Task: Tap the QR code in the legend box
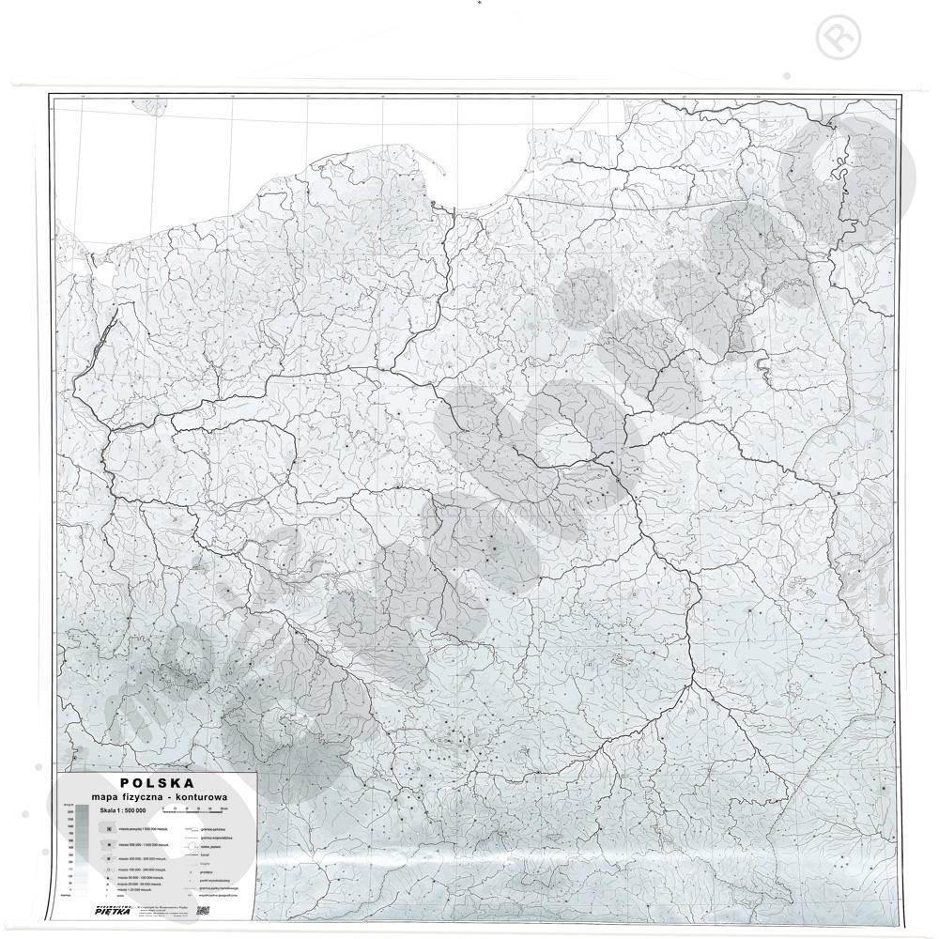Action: pos(203,910)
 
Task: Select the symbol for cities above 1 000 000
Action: pos(110,830)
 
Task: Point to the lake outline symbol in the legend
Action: pos(191,845)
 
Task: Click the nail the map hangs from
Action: pos(479,4)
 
